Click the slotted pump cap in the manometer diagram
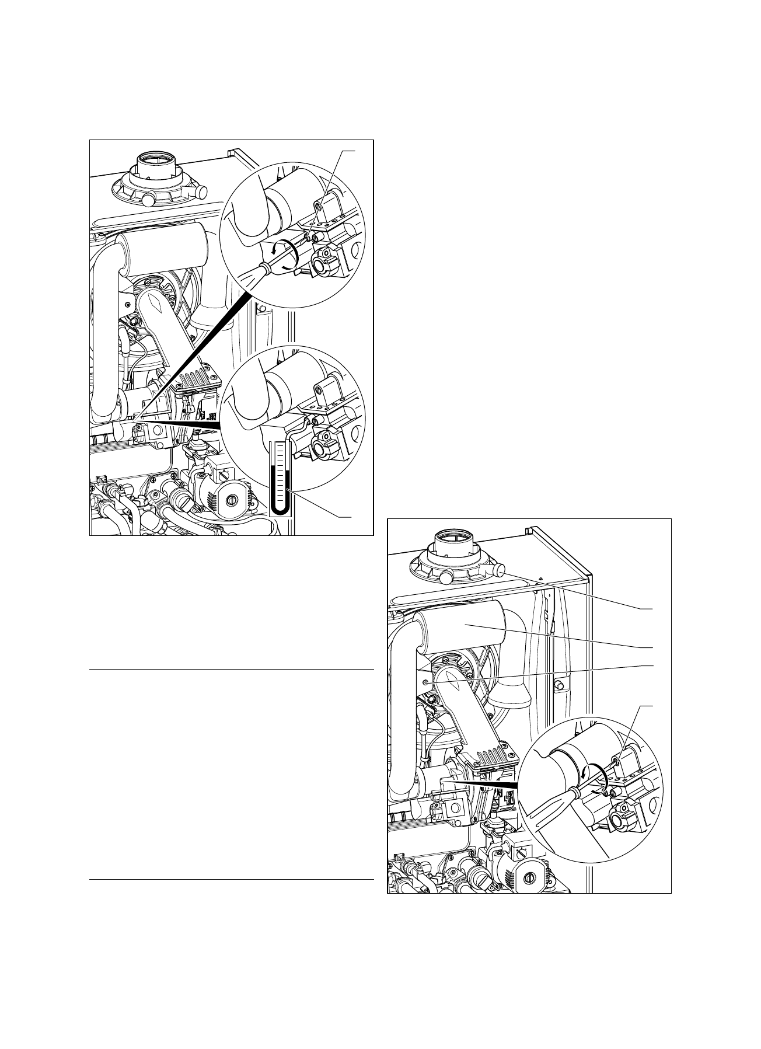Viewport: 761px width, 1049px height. [232, 500]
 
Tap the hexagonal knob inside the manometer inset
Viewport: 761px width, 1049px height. [322, 449]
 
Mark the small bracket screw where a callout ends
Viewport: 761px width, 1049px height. [428, 681]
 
